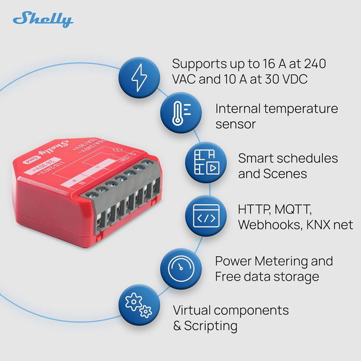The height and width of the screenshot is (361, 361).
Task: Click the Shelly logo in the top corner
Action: pos(43,19)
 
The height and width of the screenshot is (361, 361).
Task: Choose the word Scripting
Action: pos(211,326)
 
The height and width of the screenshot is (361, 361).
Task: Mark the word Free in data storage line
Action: pos(230,276)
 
